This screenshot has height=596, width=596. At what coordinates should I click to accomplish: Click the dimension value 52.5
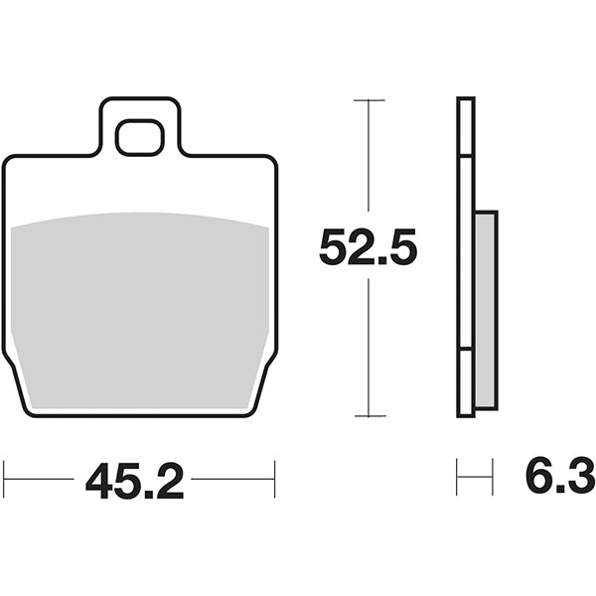(368, 247)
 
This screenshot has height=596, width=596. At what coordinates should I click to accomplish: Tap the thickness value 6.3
(557, 482)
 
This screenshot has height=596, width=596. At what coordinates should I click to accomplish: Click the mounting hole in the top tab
(139, 138)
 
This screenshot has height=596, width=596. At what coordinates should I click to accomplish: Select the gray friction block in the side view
(485, 310)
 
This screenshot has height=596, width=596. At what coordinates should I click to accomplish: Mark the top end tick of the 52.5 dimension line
(369, 100)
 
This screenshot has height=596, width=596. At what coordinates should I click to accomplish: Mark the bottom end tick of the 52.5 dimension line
(369, 415)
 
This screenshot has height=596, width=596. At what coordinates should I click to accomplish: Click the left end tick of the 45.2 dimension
(4, 479)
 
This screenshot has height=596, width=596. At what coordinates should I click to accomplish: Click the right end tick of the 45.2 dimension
(274, 479)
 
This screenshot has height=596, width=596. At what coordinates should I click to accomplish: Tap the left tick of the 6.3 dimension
(457, 478)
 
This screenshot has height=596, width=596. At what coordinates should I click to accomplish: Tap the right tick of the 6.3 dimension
(492, 478)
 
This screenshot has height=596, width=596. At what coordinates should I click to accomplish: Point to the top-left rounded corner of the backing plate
(11, 162)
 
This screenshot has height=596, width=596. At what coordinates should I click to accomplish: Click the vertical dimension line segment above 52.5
(369, 159)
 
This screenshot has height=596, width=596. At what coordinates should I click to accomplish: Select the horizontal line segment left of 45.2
(40, 479)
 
